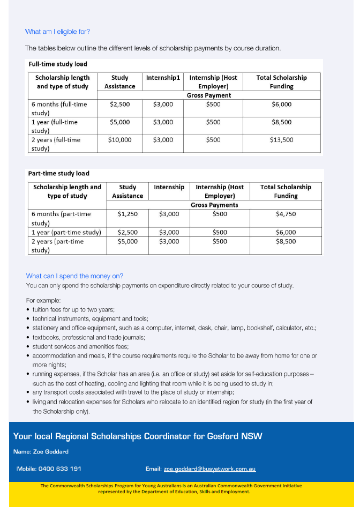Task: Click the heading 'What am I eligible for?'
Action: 57,32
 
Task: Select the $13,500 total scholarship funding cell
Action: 281,140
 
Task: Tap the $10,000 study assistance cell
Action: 120,140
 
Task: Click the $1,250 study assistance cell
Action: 127,214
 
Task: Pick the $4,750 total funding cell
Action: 286,214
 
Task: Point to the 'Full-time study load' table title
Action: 58,64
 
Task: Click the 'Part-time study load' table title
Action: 59,174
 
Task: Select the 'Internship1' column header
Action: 163,78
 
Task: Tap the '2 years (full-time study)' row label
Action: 56,144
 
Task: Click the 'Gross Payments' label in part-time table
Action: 214,205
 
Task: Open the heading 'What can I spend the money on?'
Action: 74,276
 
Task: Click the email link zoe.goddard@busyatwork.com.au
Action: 209,469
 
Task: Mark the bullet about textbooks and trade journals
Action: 88,338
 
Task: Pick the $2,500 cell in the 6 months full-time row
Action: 120,104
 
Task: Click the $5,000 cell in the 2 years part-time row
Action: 127,241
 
